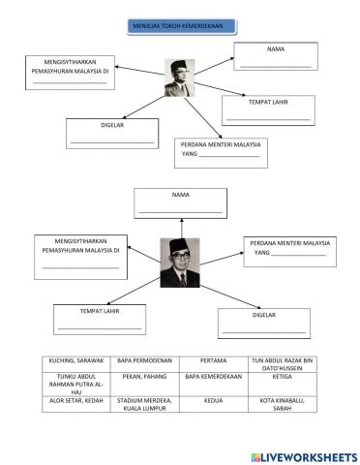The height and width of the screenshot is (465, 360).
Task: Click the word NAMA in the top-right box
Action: (276, 47)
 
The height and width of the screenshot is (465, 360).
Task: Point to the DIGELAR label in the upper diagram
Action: (111, 124)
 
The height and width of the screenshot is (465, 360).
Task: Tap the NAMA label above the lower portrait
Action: (180, 195)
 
